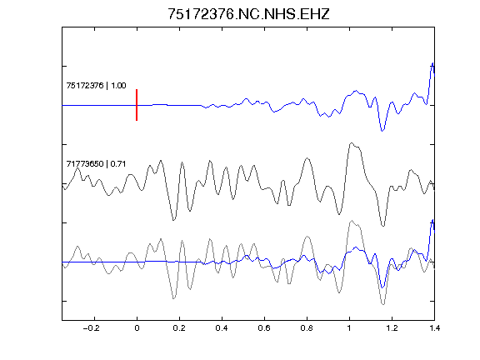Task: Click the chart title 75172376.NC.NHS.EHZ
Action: coord(248,14)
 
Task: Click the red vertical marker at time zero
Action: coord(137,105)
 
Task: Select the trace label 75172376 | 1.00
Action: coord(96,85)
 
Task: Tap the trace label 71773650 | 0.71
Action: coord(96,164)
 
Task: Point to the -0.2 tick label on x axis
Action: coord(92,328)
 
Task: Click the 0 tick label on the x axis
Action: coord(137,328)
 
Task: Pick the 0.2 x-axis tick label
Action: coord(179,328)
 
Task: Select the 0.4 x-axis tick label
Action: coord(222,328)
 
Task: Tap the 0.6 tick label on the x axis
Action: coord(264,328)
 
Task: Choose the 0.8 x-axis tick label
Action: coord(307,328)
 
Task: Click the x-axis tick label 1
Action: coord(349,328)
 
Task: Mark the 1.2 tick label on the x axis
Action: coord(392,328)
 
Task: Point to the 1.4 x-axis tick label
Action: coord(434,328)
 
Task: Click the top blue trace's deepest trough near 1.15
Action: coord(382,131)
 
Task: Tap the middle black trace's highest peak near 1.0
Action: coord(352,143)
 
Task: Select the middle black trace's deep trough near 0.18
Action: coord(174,220)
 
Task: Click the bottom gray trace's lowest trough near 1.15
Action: coord(383,304)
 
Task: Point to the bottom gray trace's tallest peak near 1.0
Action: coord(352,220)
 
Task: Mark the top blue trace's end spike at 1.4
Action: coord(432,63)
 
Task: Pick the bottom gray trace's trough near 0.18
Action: coord(174,298)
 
